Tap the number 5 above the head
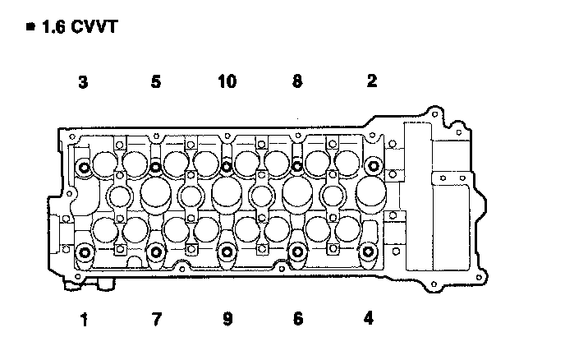(156, 81)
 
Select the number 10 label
(227, 81)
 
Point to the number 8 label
(297, 81)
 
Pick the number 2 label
(372, 81)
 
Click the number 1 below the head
(83, 318)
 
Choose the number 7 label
(156, 318)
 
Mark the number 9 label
(227, 318)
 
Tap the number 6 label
(298, 318)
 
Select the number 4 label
(369, 318)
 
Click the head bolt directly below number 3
(85, 168)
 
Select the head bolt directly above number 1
(85, 252)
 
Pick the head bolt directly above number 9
(227, 252)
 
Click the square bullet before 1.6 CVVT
(31, 27)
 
